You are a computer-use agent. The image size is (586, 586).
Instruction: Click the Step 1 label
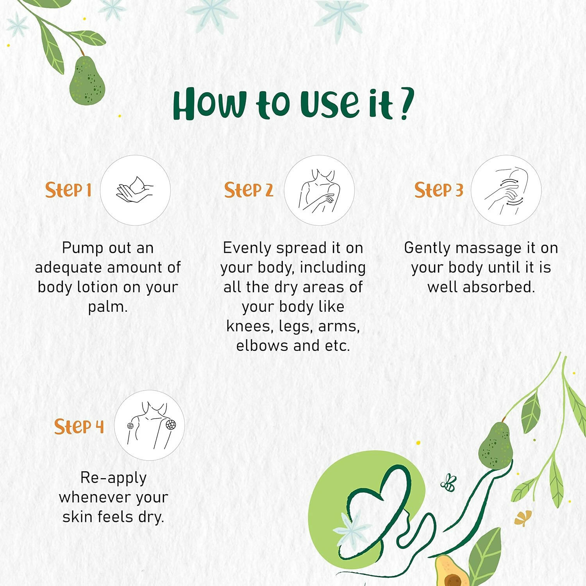[68, 190]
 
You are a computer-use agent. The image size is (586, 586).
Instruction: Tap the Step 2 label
[248, 190]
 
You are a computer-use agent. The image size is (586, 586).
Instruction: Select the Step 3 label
[439, 190]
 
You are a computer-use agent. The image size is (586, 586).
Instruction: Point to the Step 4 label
[79, 426]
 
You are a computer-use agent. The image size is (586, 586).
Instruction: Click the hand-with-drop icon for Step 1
[135, 190]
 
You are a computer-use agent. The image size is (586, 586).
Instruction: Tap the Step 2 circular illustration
[319, 190]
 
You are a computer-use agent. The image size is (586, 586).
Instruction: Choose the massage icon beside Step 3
[506, 190]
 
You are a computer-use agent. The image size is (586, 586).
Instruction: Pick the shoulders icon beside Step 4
[150, 425]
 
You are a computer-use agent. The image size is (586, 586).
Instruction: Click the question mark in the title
[406, 104]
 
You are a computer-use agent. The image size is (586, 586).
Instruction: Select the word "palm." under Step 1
[108, 307]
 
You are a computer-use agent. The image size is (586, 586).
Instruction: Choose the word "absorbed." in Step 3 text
[499, 287]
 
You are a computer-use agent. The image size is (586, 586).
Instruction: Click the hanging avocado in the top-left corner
[87, 80]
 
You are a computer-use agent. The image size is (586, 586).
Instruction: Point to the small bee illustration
[449, 483]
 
